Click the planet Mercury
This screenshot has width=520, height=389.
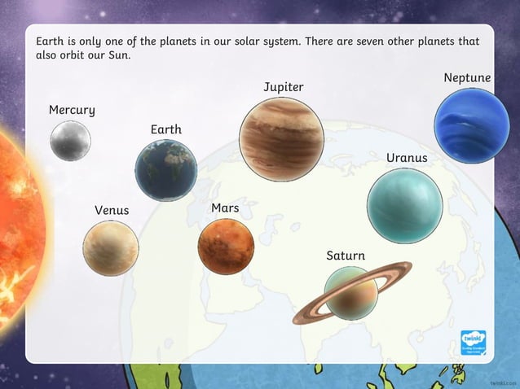point(70,140)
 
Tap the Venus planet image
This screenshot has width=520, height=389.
point(110,247)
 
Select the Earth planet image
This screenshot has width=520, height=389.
point(166,170)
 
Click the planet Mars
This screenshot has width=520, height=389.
point(226,247)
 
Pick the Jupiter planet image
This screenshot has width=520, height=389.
point(281,137)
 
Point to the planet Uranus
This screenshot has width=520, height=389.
point(405,207)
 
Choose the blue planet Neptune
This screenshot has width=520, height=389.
point(471,126)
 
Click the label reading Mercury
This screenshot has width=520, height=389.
point(72,110)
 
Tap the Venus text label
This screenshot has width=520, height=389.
point(112,210)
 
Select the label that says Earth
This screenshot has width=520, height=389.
point(166,129)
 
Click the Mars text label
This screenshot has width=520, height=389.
point(225,208)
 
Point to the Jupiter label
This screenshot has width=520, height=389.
point(284,86)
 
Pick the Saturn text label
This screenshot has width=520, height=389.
point(346,256)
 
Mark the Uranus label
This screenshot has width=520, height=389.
point(407,157)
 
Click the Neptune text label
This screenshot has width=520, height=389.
point(467,77)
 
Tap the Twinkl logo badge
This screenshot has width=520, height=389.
point(473,342)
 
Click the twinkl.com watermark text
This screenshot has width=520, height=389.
point(504,382)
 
